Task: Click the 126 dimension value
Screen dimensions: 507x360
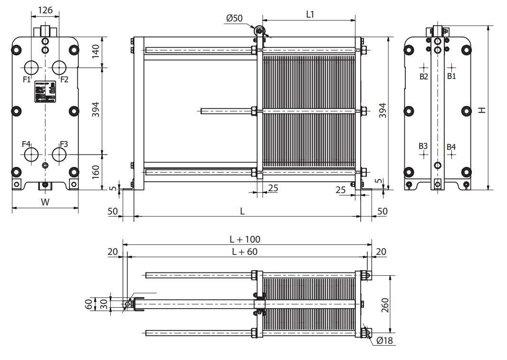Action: pos(45,9)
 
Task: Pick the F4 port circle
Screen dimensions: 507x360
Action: pos(31,154)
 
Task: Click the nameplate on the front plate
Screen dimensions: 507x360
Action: pos(45,91)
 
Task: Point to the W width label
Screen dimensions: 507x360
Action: pos(45,202)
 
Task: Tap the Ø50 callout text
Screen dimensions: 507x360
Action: pos(234,18)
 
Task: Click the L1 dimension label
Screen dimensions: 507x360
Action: pos(310,14)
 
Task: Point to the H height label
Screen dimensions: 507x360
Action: pos(482,110)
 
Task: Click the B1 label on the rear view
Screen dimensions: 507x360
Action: pos(451,76)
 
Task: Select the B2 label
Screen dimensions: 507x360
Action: pos(423,76)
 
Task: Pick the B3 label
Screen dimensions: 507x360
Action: pos(423,146)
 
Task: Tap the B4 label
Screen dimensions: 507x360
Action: pos(451,147)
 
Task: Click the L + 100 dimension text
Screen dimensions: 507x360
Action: pos(245,239)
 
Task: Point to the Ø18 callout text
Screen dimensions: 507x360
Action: pos(384,341)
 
